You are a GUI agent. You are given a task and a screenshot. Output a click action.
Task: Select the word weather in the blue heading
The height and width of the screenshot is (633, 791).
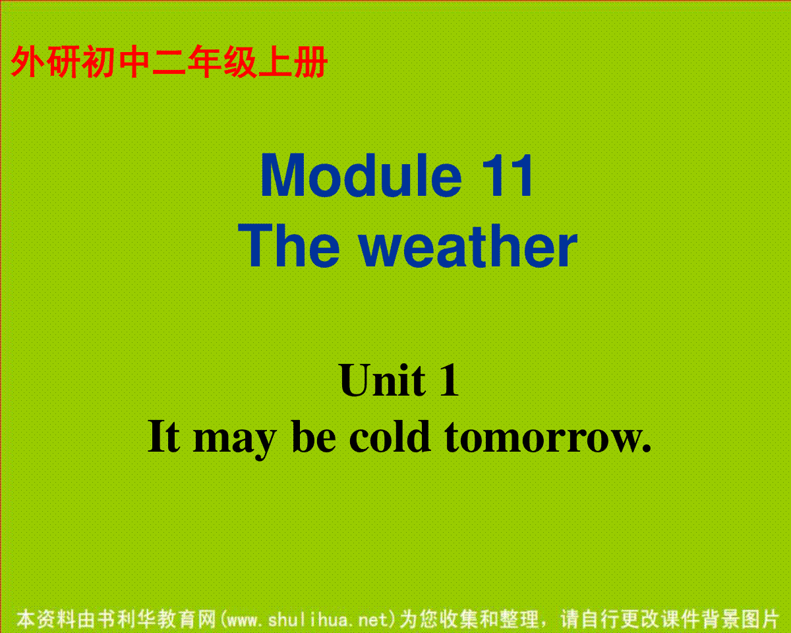(468, 246)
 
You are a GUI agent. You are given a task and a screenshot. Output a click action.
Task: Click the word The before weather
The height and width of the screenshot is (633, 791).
(289, 246)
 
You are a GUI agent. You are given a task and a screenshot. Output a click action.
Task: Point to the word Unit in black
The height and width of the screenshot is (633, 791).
(382, 380)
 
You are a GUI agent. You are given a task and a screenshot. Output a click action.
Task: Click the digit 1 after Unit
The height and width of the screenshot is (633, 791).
(449, 380)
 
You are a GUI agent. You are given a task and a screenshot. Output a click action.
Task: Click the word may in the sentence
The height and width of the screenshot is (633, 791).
(235, 442)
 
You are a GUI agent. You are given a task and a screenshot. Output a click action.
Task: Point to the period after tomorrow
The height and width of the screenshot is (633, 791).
(647, 448)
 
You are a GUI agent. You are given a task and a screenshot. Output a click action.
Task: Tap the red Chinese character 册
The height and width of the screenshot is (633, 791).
(310, 61)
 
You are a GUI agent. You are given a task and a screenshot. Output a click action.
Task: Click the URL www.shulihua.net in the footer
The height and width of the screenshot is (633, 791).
(308, 619)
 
